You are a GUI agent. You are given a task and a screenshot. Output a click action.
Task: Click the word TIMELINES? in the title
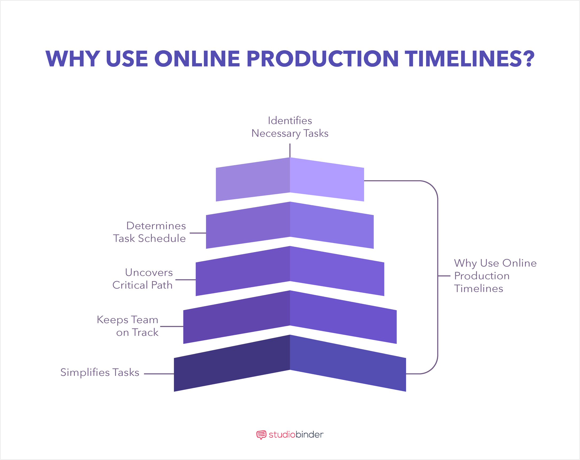(469, 58)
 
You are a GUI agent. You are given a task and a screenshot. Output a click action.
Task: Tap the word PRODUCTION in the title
(322, 58)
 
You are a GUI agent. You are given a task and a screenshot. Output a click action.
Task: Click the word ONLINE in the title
(197, 58)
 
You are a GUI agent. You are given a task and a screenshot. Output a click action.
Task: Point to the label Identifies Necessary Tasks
(290, 127)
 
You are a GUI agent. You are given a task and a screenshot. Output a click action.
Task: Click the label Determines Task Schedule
(150, 232)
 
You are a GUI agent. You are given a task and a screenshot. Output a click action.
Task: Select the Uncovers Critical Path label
(142, 279)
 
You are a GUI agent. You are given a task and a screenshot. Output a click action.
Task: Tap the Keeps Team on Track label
(128, 326)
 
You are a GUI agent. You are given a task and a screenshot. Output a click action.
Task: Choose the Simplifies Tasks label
(100, 372)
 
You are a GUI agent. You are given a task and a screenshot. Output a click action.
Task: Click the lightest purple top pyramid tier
(290, 179)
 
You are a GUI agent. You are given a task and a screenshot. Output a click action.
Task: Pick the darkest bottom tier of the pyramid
(290, 363)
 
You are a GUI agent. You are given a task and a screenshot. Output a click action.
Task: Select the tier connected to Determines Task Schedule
(290, 225)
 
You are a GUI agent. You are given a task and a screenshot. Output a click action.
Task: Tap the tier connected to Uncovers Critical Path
(290, 271)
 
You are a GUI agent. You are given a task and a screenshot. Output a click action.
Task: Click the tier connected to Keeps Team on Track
(290, 317)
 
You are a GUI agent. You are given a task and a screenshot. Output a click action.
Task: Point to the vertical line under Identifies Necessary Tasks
(290, 151)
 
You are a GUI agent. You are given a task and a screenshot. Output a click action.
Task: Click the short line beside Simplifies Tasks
(159, 374)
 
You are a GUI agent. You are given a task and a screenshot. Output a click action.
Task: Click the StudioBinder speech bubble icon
(261, 435)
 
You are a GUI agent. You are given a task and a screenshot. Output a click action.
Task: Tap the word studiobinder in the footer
(296, 435)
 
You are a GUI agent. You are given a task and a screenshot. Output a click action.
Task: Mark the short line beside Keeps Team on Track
(172, 327)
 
